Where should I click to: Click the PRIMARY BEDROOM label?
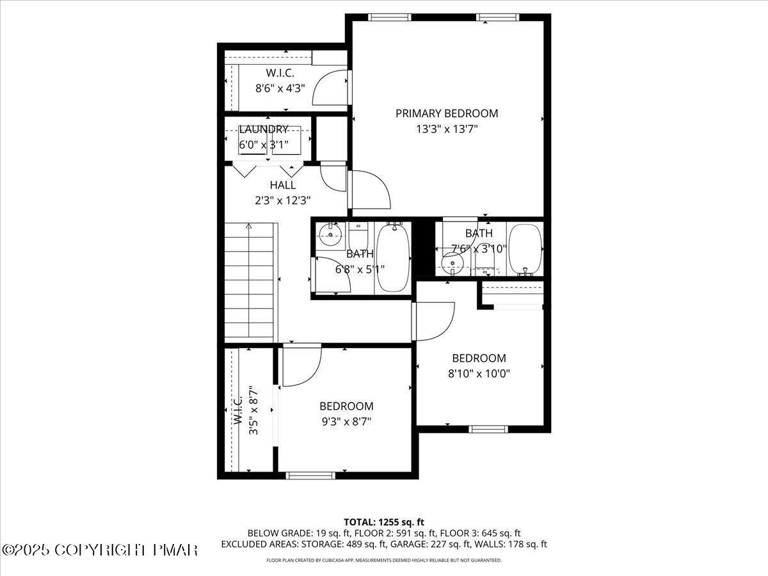[446, 113]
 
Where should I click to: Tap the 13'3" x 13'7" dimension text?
[446, 129]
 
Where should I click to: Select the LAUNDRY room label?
[263, 129]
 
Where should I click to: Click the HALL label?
[282, 185]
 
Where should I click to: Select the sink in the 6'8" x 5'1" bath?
[330, 235]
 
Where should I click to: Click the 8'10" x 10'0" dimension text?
[479, 373]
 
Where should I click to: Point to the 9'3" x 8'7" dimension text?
[346, 421]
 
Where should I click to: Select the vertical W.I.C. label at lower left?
[237, 410]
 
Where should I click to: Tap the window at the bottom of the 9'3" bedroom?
[310, 475]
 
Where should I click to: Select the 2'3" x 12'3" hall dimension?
[282, 200]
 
